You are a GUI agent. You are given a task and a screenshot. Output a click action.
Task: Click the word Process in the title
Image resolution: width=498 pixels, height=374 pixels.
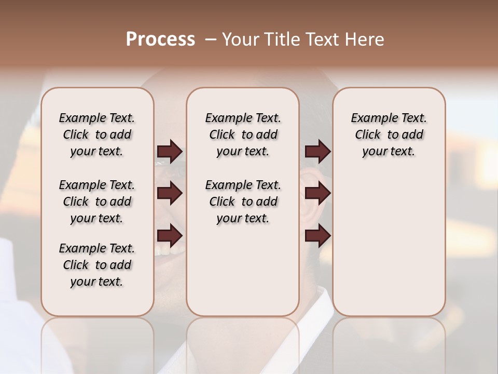[160, 39]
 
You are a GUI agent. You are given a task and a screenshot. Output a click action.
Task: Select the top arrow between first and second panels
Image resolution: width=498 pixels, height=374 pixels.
[170, 152]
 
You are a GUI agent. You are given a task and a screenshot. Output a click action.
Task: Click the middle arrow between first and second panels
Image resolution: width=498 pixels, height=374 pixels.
[170, 194]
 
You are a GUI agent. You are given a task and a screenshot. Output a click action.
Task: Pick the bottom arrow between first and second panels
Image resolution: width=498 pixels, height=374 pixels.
[170, 236]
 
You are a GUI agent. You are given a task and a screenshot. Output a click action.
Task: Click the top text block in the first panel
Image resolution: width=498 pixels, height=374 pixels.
[97, 135]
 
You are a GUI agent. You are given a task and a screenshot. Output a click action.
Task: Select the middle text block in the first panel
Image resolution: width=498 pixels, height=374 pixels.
[97, 202]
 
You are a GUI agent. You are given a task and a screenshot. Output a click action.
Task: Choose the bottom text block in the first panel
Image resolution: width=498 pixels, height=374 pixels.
[97, 265]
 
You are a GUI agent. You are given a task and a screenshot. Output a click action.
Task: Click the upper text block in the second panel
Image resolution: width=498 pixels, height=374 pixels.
[243, 135]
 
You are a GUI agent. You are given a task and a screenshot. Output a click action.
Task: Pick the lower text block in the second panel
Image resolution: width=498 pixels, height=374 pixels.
[243, 202]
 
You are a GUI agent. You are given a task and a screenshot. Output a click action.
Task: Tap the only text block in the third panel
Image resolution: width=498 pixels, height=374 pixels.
[389, 135]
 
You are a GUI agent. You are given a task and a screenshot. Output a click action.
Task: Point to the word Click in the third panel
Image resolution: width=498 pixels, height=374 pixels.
[368, 135]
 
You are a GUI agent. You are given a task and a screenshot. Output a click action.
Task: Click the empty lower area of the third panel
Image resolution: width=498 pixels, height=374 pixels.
[389, 244]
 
